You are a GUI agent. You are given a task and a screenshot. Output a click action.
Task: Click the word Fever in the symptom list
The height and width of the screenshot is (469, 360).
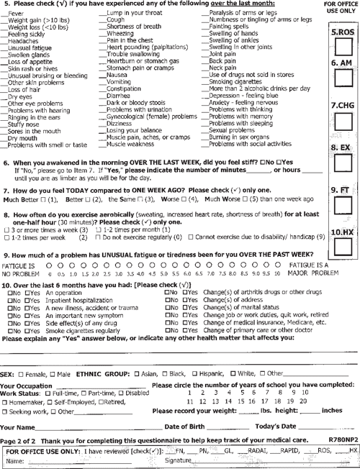[x=19, y=14]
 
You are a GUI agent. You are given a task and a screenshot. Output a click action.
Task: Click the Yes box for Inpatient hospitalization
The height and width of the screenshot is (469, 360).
[x=27, y=300]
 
